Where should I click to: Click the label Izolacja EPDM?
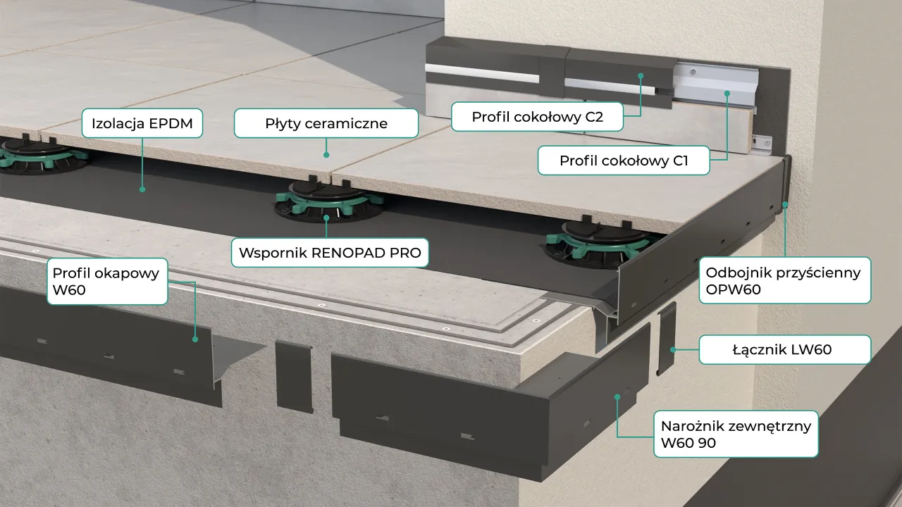[142, 123]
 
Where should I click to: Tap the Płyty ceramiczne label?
[326, 123]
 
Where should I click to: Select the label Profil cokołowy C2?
[537, 117]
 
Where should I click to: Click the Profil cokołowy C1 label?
[623, 161]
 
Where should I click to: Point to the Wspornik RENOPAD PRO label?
[330, 252]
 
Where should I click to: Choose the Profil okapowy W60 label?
[107, 281]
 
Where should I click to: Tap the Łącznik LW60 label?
[785, 349]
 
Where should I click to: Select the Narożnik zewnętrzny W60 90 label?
[736, 434]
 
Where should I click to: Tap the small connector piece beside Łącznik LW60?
[666, 338]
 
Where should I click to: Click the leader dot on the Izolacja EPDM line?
[142, 189]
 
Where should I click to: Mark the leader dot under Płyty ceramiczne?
[326, 154]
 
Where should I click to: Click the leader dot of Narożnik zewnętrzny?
[617, 396]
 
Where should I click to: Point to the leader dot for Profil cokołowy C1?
[726, 93]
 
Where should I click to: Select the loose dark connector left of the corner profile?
[293, 376]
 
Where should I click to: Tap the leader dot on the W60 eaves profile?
[195, 339]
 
